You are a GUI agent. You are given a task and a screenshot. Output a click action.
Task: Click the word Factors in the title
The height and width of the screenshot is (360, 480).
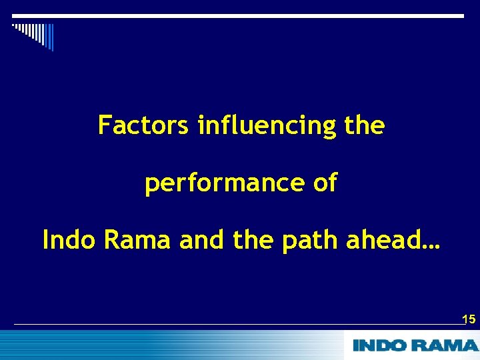(x=143, y=125)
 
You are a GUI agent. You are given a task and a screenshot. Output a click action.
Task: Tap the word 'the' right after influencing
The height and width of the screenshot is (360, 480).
(x=365, y=125)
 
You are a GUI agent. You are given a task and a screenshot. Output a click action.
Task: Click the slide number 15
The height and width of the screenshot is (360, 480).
(x=469, y=319)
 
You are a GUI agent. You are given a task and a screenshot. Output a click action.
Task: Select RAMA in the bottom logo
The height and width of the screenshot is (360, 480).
(x=445, y=345)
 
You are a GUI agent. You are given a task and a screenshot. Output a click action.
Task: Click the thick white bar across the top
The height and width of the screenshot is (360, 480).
(x=240, y=16)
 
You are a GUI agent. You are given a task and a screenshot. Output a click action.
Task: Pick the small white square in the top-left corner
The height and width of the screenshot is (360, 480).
(x=13, y=25)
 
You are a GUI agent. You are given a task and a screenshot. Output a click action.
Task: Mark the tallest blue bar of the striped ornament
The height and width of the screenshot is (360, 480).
(x=51, y=38)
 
